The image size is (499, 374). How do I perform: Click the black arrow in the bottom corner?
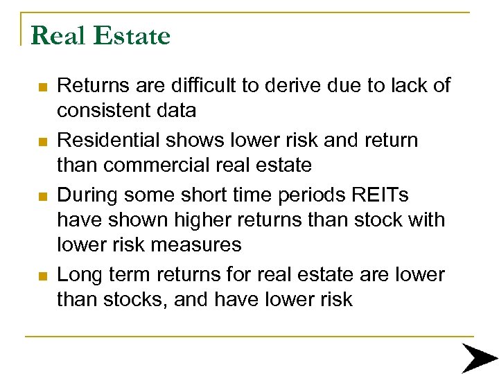tap(479, 358)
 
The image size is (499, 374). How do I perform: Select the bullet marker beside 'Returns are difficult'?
tap(43, 88)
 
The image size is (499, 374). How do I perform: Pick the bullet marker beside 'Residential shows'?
tap(43, 142)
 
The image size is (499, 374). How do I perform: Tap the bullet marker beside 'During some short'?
tap(43, 196)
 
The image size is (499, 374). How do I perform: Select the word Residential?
tap(108, 140)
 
